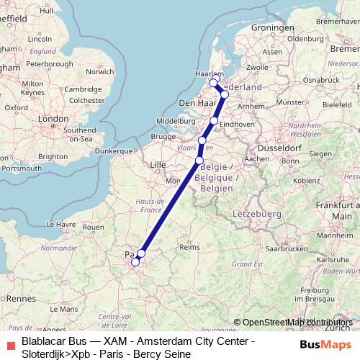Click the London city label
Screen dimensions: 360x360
[53, 119]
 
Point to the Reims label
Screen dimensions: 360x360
[188, 246]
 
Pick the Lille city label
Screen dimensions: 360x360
[157, 165]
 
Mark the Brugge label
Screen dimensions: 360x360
[163, 136]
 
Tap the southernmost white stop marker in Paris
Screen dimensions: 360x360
[135, 262]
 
